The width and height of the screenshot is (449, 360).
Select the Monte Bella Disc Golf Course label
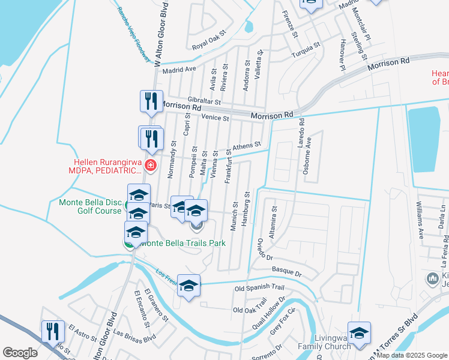point(91,206)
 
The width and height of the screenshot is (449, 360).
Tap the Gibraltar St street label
point(204,102)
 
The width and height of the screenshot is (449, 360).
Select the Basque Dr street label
point(286,272)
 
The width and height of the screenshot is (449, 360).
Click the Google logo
point(20,353)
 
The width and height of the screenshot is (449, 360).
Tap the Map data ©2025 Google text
point(412,355)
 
